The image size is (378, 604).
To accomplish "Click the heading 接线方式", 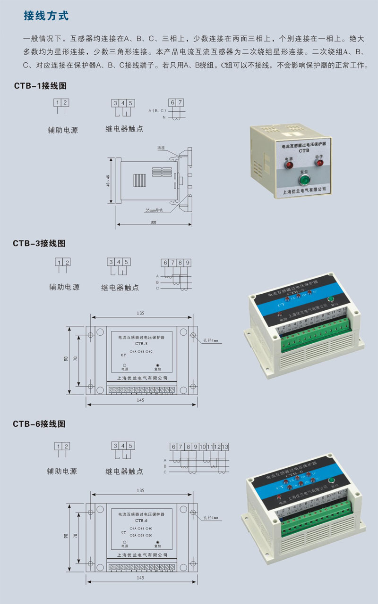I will (x=46, y=16).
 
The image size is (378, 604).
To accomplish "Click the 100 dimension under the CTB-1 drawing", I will (x=153, y=222).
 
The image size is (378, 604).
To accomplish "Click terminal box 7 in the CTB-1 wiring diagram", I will (x=180, y=102).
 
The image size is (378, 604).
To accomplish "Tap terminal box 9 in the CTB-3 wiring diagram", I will (x=188, y=262).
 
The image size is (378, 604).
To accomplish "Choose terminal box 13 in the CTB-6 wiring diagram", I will (x=225, y=446).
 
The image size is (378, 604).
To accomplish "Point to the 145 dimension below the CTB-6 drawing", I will (x=140, y=577).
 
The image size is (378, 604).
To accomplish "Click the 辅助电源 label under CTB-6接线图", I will (x=61, y=471).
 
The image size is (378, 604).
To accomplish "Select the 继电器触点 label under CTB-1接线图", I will (x=124, y=129).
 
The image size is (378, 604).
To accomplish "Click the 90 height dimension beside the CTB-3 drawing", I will (x=66, y=359).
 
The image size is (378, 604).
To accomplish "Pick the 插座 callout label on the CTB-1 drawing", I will (x=162, y=148).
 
